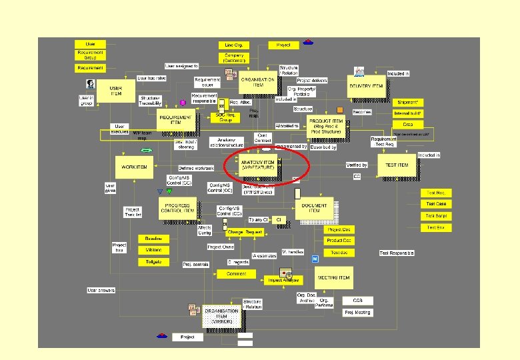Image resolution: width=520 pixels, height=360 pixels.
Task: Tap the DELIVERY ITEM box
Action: tap(366, 85)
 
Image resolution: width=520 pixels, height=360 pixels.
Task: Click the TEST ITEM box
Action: tap(397, 165)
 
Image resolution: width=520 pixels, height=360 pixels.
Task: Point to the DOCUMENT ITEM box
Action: tap(314, 208)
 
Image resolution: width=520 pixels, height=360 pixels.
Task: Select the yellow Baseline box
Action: tap(153, 238)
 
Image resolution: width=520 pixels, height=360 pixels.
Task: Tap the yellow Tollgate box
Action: tap(153, 261)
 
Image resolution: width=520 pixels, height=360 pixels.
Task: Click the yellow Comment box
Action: tap(236, 273)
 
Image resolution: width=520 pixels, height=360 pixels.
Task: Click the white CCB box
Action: tap(358, 301)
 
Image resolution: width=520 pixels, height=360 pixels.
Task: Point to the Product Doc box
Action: tap(339, 241)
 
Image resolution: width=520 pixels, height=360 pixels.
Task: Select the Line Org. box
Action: tap(233, 45)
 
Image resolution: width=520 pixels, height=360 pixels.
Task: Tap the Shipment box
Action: tap(407, 102)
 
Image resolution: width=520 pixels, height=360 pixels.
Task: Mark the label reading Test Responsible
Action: tap(397, 253)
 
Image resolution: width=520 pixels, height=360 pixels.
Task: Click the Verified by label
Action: tap(357, 165)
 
